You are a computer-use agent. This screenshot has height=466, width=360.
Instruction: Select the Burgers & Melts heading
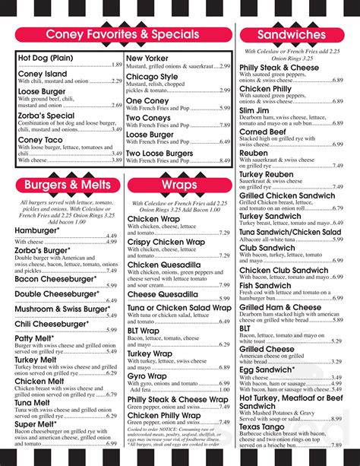point(67,185)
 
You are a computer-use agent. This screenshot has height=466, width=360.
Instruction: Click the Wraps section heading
point(179,185)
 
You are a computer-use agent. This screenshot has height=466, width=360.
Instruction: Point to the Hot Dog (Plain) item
point(45,58)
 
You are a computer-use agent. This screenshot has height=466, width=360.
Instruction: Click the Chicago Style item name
point(152,77)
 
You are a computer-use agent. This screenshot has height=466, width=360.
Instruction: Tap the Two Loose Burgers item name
point(159,153)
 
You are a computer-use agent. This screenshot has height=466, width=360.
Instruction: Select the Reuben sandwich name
point(254,153)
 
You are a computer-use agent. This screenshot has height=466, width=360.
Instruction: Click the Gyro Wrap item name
point(147,376)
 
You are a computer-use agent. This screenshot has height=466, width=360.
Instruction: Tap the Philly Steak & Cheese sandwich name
point(279,68)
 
